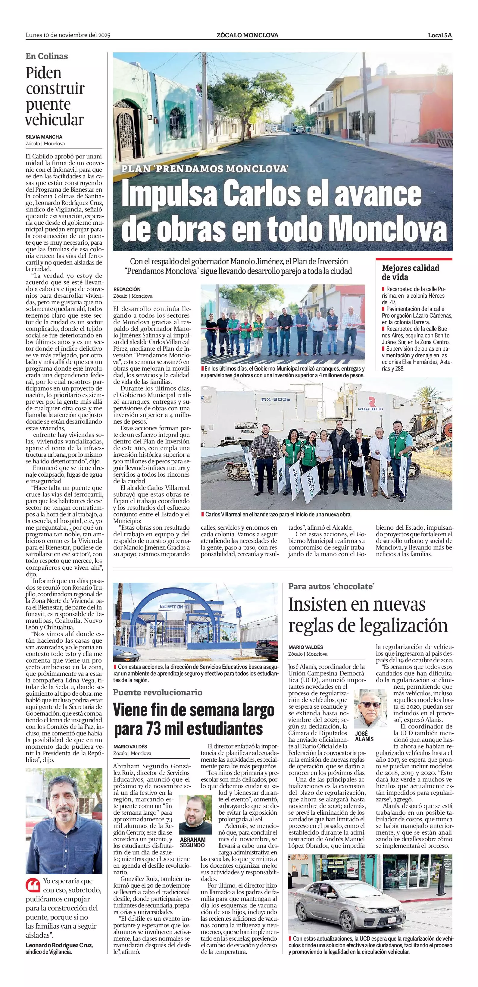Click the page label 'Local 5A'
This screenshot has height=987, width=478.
point(440,35)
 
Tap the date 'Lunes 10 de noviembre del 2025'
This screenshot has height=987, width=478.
point(68,35)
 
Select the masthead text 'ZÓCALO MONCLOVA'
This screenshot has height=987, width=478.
point(247,35)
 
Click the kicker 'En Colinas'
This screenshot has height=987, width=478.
point(47,56)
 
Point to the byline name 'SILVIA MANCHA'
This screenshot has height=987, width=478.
point(44,137)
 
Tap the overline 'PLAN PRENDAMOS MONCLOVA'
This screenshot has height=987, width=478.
point(205,169)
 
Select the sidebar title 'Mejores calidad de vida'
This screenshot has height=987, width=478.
point(410,272)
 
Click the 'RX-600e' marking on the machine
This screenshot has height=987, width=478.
point(276,399)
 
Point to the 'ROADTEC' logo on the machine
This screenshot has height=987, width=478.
point(371,409)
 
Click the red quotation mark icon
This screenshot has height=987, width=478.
point(33,885)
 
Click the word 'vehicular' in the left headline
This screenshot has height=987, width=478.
point(55,120)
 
